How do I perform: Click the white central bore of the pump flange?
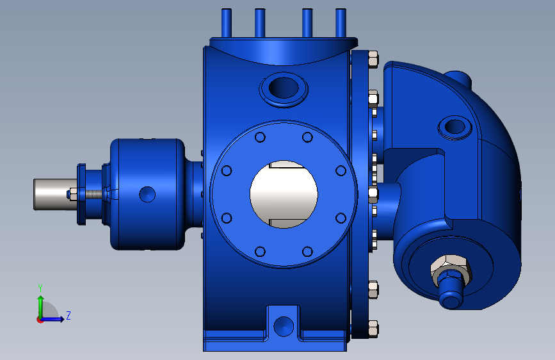tap(284, 194)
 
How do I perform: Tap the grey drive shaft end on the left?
tap(53, 194)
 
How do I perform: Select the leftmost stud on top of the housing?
tap(227, 23)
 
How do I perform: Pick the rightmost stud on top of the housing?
tap(341, 23)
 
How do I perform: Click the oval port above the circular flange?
tap(284, 88)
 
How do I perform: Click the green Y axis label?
tap(40, 288)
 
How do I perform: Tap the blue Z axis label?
tap(68, 315)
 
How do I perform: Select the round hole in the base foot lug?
tap(284, 326)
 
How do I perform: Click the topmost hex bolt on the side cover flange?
tap(373, 58)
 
